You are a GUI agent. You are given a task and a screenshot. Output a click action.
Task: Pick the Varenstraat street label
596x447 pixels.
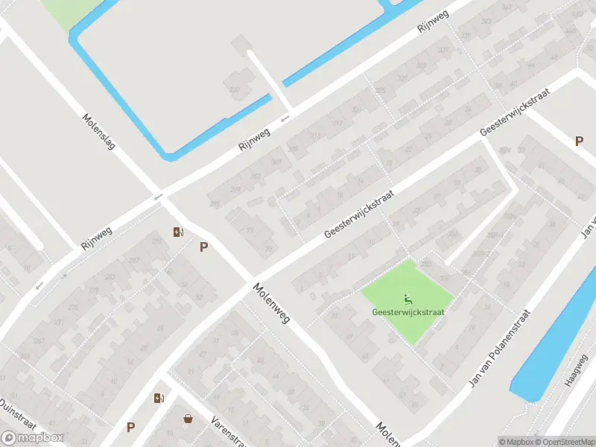click(229, 430)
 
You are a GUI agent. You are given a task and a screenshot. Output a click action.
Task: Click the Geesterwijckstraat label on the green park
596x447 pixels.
click(408, 312)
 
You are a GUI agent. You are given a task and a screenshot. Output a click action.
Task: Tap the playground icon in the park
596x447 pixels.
click(408, 299)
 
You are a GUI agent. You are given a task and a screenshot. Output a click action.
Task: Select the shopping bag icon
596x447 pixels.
click(188, 419)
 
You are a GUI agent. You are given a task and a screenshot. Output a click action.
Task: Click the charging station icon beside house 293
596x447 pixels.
click(177, 232)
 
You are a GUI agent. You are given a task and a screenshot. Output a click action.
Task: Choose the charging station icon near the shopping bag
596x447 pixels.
click(158, 398)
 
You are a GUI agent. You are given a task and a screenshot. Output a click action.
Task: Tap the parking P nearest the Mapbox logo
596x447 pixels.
click(130, 427)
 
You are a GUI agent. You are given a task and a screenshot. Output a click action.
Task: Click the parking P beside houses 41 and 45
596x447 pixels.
click(578, 142)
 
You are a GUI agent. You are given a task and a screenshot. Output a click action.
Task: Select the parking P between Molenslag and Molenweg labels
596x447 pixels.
click(203, 247)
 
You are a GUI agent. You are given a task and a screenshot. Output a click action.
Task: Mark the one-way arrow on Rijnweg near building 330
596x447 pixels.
click(284, 119)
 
